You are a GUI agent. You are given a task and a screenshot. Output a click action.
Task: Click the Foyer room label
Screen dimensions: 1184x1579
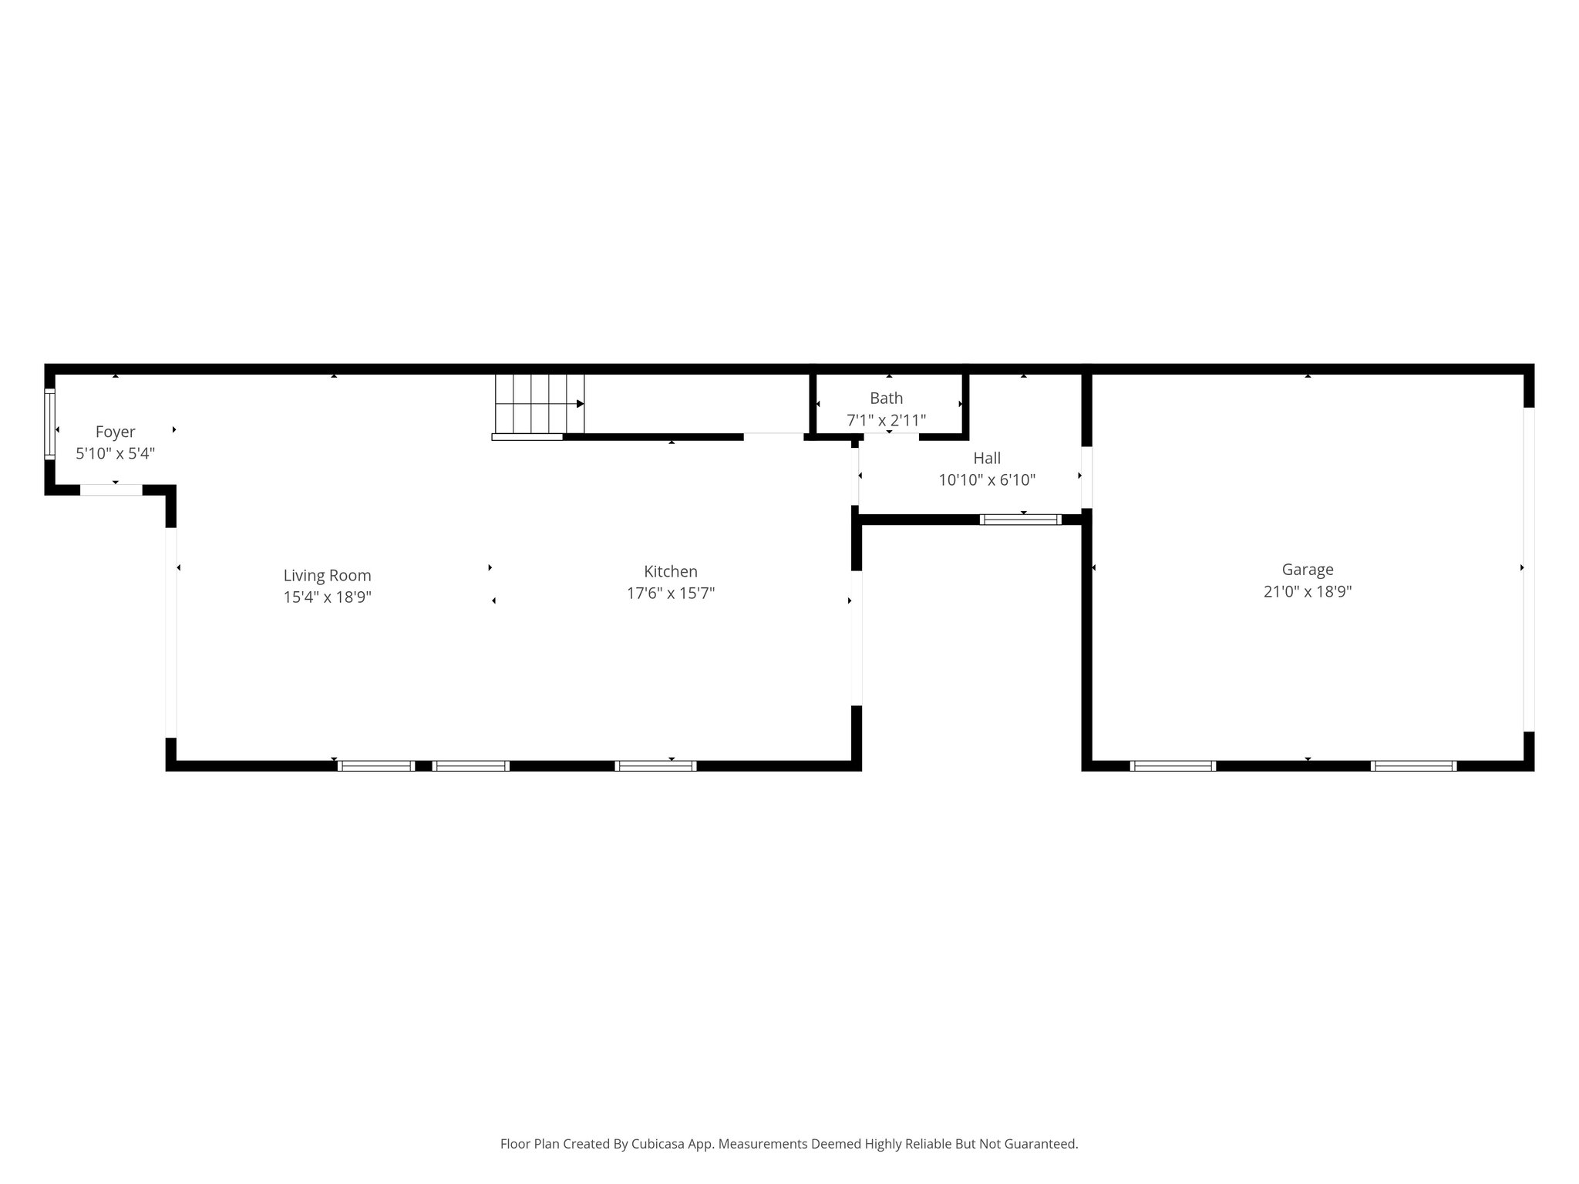click(x=115, y=432)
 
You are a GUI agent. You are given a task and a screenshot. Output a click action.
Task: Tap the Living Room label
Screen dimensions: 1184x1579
click(x=327, y=575)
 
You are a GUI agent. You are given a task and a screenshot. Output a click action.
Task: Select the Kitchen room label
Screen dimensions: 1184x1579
click(x=671, y=571)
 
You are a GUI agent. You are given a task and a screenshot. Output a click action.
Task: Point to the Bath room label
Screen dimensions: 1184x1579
click(x=886, y=399)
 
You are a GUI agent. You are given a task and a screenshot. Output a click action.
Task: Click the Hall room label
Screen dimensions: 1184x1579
click(x=987, y=458)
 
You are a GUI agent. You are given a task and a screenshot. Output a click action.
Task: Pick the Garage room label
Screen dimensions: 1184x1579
click(x=1308, y=570)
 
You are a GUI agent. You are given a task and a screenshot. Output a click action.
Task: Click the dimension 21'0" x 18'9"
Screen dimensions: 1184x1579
click(x=1308, y=592)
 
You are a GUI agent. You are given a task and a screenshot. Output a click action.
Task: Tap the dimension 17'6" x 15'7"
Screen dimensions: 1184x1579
click(x=671, y=594)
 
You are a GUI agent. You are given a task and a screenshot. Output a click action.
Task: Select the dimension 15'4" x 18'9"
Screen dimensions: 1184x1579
click(x=327, y=597)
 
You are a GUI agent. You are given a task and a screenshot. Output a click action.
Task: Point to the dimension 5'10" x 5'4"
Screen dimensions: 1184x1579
click(x=115, y=453)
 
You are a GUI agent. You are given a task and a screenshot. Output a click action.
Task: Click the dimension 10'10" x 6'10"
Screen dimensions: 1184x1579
click(x=987, y=480)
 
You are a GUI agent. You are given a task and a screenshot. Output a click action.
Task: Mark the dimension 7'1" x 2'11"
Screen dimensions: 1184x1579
click(x=886, y=421)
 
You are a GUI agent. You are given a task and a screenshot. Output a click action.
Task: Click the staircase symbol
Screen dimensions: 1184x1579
click(x=539, y=404)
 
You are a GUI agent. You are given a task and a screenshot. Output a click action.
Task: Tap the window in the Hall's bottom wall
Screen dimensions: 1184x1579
click(x=1020, y=520)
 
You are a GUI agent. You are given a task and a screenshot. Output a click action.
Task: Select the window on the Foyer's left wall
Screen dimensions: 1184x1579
click(x=50, y=424)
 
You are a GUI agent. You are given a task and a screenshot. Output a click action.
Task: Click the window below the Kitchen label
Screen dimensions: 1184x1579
click(x=655, y=765)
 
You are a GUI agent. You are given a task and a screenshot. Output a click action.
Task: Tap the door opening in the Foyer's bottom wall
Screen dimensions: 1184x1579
click(x=111, y=489)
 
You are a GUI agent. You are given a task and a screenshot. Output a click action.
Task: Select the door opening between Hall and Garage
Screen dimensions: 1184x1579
click(x=1086, y=477)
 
